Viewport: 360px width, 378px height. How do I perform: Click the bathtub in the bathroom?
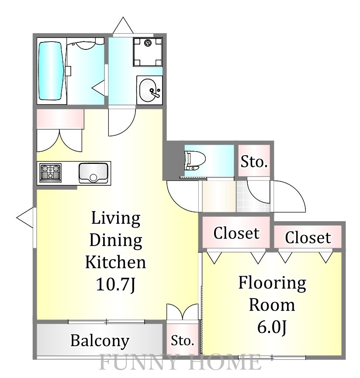pos(51,71)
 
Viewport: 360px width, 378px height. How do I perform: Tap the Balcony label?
pos(100,340)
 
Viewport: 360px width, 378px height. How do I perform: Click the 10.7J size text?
pos(115,284)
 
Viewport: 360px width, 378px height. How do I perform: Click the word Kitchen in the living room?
pos(115,262)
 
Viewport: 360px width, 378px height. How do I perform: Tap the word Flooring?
pos(272,283)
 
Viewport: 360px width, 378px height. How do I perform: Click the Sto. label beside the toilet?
pos(254,162)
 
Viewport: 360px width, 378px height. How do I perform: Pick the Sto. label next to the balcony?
pos(183,340)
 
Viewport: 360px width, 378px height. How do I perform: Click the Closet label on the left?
pos(236,233)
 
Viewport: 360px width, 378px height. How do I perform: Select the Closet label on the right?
pos(308,237)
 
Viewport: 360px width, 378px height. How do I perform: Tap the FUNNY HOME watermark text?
pos(180,363)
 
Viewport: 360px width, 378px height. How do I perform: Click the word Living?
pos(115,218)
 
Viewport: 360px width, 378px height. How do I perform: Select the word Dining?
pos(115,240)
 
